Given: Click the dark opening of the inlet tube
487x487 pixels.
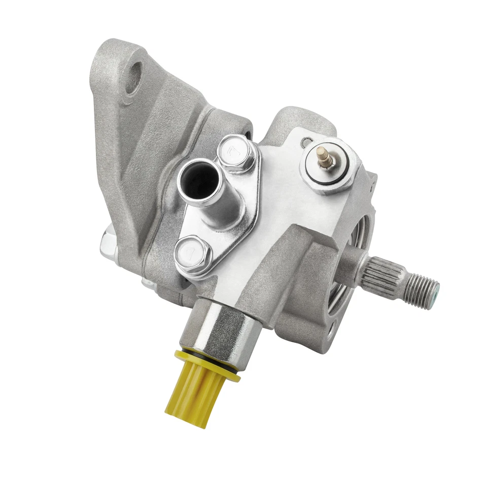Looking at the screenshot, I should [x=199, y=180].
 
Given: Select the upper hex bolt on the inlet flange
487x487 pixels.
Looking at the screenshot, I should [x=235, y=152].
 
